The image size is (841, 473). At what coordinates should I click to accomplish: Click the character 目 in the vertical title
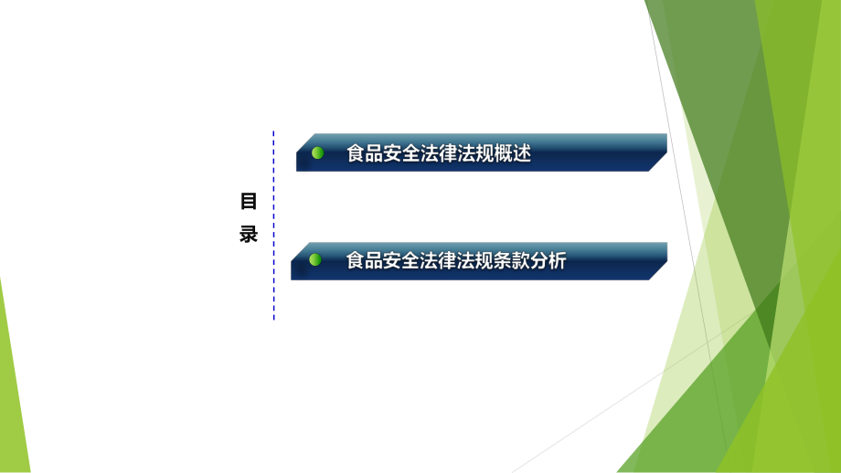pyautogui.click(x=249, y=201)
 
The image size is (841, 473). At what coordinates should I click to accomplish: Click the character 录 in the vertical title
pyautogui.click(x=249, y=234)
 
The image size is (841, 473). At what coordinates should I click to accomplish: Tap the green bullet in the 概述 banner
pyautogui.click(x=317, y=152)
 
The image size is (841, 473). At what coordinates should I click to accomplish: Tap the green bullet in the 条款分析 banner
pyautogui.click(x=315, y=260)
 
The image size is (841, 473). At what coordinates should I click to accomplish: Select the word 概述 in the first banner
pyautogui.click(x=513, y=153)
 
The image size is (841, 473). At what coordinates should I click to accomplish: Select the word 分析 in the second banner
pyautogui.click(x=548, y=261)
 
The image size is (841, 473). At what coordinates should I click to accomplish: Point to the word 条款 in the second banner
pyautogui.click(x=512, y=261)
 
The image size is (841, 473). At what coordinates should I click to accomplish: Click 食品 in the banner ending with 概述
pyautogui.click(x=365, y=153)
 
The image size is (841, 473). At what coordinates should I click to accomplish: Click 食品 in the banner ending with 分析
pyautogui.click(x=365, y=261)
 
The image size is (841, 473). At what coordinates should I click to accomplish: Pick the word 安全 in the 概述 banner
pyautogui.click(x=401, y=153)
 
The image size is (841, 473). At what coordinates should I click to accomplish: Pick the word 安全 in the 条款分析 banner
pyautogui.click(x=401, y=261)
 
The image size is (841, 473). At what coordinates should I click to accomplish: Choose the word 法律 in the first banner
pyautogui.click(x=439, y=153)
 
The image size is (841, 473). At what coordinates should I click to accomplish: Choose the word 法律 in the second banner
pyautogui.click(x=439, y=261)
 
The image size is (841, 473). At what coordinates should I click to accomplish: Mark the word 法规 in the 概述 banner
pyautogui.click(x=475, y=153)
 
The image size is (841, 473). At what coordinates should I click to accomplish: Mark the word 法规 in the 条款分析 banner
pyautogui.click(x=475, y=261)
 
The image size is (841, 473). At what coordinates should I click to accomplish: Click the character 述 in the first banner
pyautogui.click(x=522, y=153)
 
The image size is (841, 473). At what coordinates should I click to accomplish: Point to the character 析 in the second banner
pyautogui.click(x=558, y=261)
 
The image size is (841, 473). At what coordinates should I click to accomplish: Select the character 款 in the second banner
pyautogui.click(x=521, y=261)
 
